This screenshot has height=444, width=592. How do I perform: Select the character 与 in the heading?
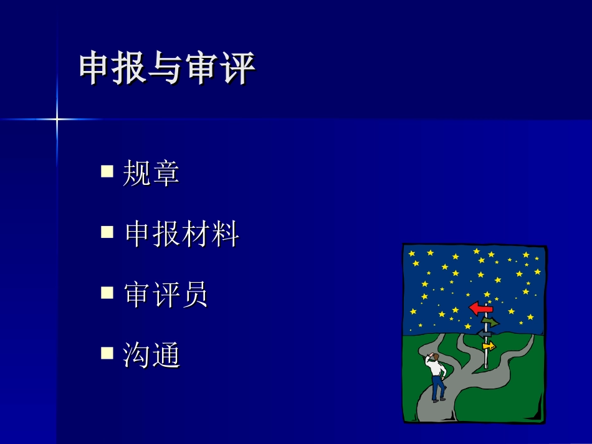pyautogui.click(x=167, y=68)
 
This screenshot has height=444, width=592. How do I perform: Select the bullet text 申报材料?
pyautogui.click(x=182, y=234)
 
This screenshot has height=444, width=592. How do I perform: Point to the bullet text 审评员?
pyautogui.click(x=166, y=295)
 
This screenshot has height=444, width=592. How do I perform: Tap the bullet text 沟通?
pyautogui.click(x=151, y=356)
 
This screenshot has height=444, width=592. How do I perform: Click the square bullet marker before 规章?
pyautogui.click(x=107, y=171)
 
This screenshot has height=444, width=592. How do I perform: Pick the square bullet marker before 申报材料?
pyautogui.click(x=107, y=232)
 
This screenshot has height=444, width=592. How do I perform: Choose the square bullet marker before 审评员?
pyautogui.click(x=107, y=293)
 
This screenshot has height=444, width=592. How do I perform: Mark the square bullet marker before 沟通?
pyautogui.click(x=107, y=354)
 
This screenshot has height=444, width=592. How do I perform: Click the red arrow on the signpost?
pyautogui.click(x=480, y=308)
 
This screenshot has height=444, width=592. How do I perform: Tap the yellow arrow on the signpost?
pyautogui.click(x=489, y=346)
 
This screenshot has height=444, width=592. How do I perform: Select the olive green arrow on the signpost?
pyautogui.click(x=490, y=322)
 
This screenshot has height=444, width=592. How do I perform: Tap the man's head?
pyautogui.click(x=434, y=356)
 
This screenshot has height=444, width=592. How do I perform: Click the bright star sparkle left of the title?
pyautogui.click(x=57, y=118)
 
